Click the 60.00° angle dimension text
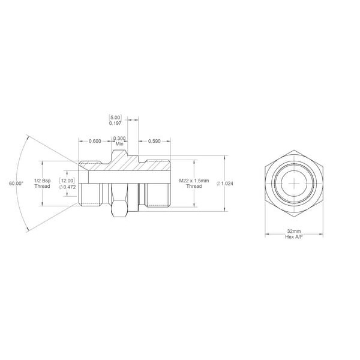click(16, 184)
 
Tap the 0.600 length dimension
click(95, 141)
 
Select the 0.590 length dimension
click(154, 141)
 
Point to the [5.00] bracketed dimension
click(115, 118)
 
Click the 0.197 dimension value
click(115, 123)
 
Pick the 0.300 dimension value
click(119, 138)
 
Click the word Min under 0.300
click(119, 144)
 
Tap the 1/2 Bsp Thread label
click(42, 183)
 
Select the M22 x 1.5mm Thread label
click(194, 183)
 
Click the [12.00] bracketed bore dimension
click(67, 181)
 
